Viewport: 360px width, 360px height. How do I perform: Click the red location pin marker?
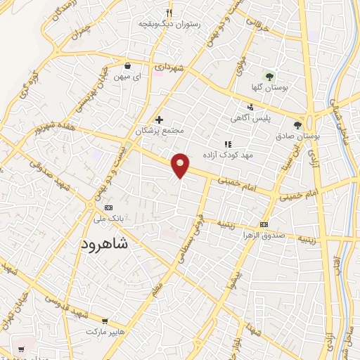click(181, 164)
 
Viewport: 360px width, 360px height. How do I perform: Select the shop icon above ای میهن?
click(125, 61)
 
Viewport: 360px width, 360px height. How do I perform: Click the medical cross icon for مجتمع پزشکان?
click(160, 120)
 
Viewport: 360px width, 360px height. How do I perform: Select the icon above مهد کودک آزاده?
click(228, 143)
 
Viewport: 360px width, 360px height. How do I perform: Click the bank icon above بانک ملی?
click(108, 207)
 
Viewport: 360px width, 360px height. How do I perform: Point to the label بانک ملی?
click(108, 219)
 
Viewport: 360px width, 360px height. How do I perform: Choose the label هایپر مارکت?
click(105, 330)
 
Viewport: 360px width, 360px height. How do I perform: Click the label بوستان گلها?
click(267, 89)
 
